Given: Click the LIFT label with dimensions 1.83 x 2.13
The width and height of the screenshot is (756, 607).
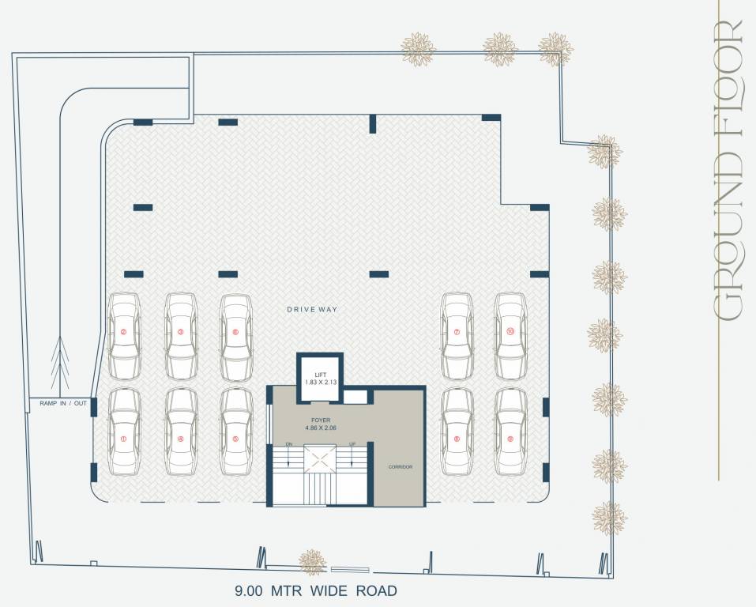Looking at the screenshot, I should pyautogui.click(x=320, y=377).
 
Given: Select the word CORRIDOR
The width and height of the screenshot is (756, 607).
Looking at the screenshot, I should pyautogui.click(x=400, y=467).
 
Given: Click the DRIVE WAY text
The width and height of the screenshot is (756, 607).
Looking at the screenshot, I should pyautogui.click(x=312, y=309).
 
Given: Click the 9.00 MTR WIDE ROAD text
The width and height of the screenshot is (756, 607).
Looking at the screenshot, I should pyautogui.click(x=315, y=590).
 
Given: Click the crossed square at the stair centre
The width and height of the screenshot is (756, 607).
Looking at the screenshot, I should pyautogui.click(x=321, y=456).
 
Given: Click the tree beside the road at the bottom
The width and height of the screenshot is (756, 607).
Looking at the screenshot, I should pyautogui.click(x=313, y=562).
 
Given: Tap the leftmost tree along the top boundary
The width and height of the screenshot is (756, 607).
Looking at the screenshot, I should pyautogui.click(x=418, y=49).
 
